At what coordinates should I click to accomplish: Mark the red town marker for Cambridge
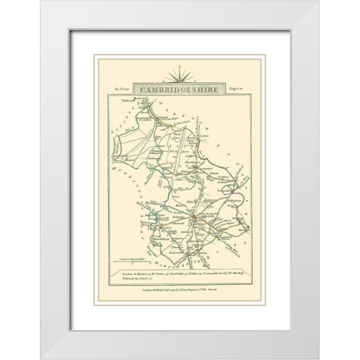(193, 217)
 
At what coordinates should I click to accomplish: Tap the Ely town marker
(193, 166)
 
